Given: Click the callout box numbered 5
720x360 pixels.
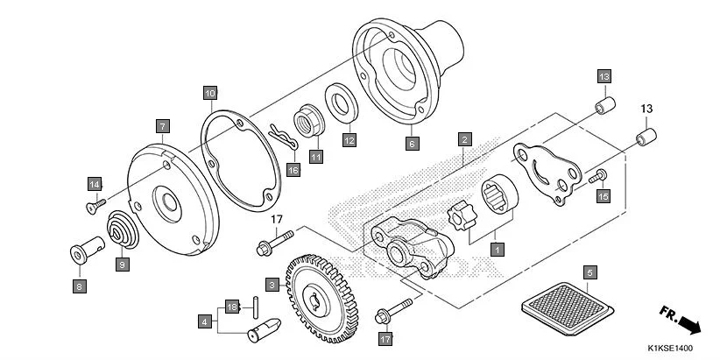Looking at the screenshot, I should tap(590, 272).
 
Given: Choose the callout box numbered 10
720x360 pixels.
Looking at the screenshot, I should tap(209, 92).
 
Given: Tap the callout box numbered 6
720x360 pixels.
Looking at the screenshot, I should tap(412, 140).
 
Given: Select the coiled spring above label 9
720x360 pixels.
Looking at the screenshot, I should tap(121, 232).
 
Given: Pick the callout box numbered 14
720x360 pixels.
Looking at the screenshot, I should tap(95, 183).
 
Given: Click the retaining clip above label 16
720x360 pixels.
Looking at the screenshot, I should tap(279, 135).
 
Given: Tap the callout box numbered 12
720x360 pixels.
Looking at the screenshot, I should tap(349, 139).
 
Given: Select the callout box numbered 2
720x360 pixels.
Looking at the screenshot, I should tap(465, 138).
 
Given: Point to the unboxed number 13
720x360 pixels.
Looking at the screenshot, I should tap(646, 109).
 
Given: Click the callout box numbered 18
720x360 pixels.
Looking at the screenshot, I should tap(232, 307).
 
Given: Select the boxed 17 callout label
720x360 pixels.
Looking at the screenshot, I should tap(385, 338).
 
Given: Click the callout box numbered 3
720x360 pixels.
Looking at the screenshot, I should tap(272, 285).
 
